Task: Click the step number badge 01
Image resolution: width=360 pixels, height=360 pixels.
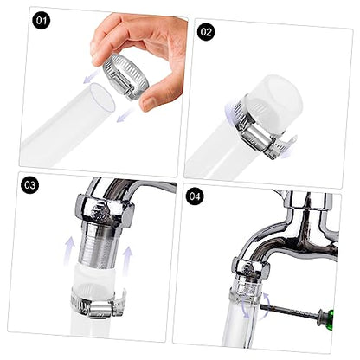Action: click(x=42, y=21)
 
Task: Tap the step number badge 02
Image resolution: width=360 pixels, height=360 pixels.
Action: click(x=206, y=32)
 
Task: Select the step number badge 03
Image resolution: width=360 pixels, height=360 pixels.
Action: click(x=29, y=185)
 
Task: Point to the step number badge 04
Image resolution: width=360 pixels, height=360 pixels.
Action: click(x=195, y=196)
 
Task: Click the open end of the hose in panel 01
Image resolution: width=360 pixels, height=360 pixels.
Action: click(x=102, y=98)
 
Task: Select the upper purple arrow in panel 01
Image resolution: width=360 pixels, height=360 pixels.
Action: click(x=93, y=76)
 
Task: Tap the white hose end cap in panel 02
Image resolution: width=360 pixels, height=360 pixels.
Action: click(x=271, y=102)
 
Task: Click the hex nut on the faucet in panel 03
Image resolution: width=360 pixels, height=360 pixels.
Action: click(x=105, y=210)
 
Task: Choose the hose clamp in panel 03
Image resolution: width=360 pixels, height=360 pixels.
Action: click(x=98, y=303)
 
